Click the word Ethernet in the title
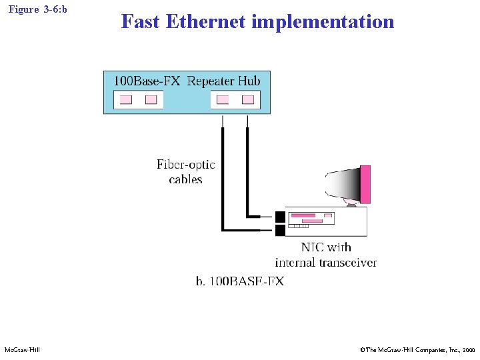pyautogui.click(x=205, y=22)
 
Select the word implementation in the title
pyautogui.click(x=323, y=22)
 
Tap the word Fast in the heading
pyautogui.click(x=140, y=22)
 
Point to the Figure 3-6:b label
pyautogui.click(x=38, y=10)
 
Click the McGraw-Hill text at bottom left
pyautogui.click(x=22, y=349)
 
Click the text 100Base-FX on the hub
pyautogui.click(x=147, y=81)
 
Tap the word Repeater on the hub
pyautogui.click(x=211, y=81)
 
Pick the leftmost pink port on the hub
pyautogui.click(x=125, y=100)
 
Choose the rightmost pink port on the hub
pyautogui.click(x=247, y=100)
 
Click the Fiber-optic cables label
pyautogui.click(x=186, y=171)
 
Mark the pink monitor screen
pyautogui.click(x=365, y=185)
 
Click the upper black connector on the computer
pyautogui.click(x=280, y=217)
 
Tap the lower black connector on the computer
pyautogui.click(x=280, y=231)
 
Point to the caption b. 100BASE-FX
pyautogui.click(x=239, y=281)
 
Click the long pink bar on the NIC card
pyautogui.click(x=303, y=215)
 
